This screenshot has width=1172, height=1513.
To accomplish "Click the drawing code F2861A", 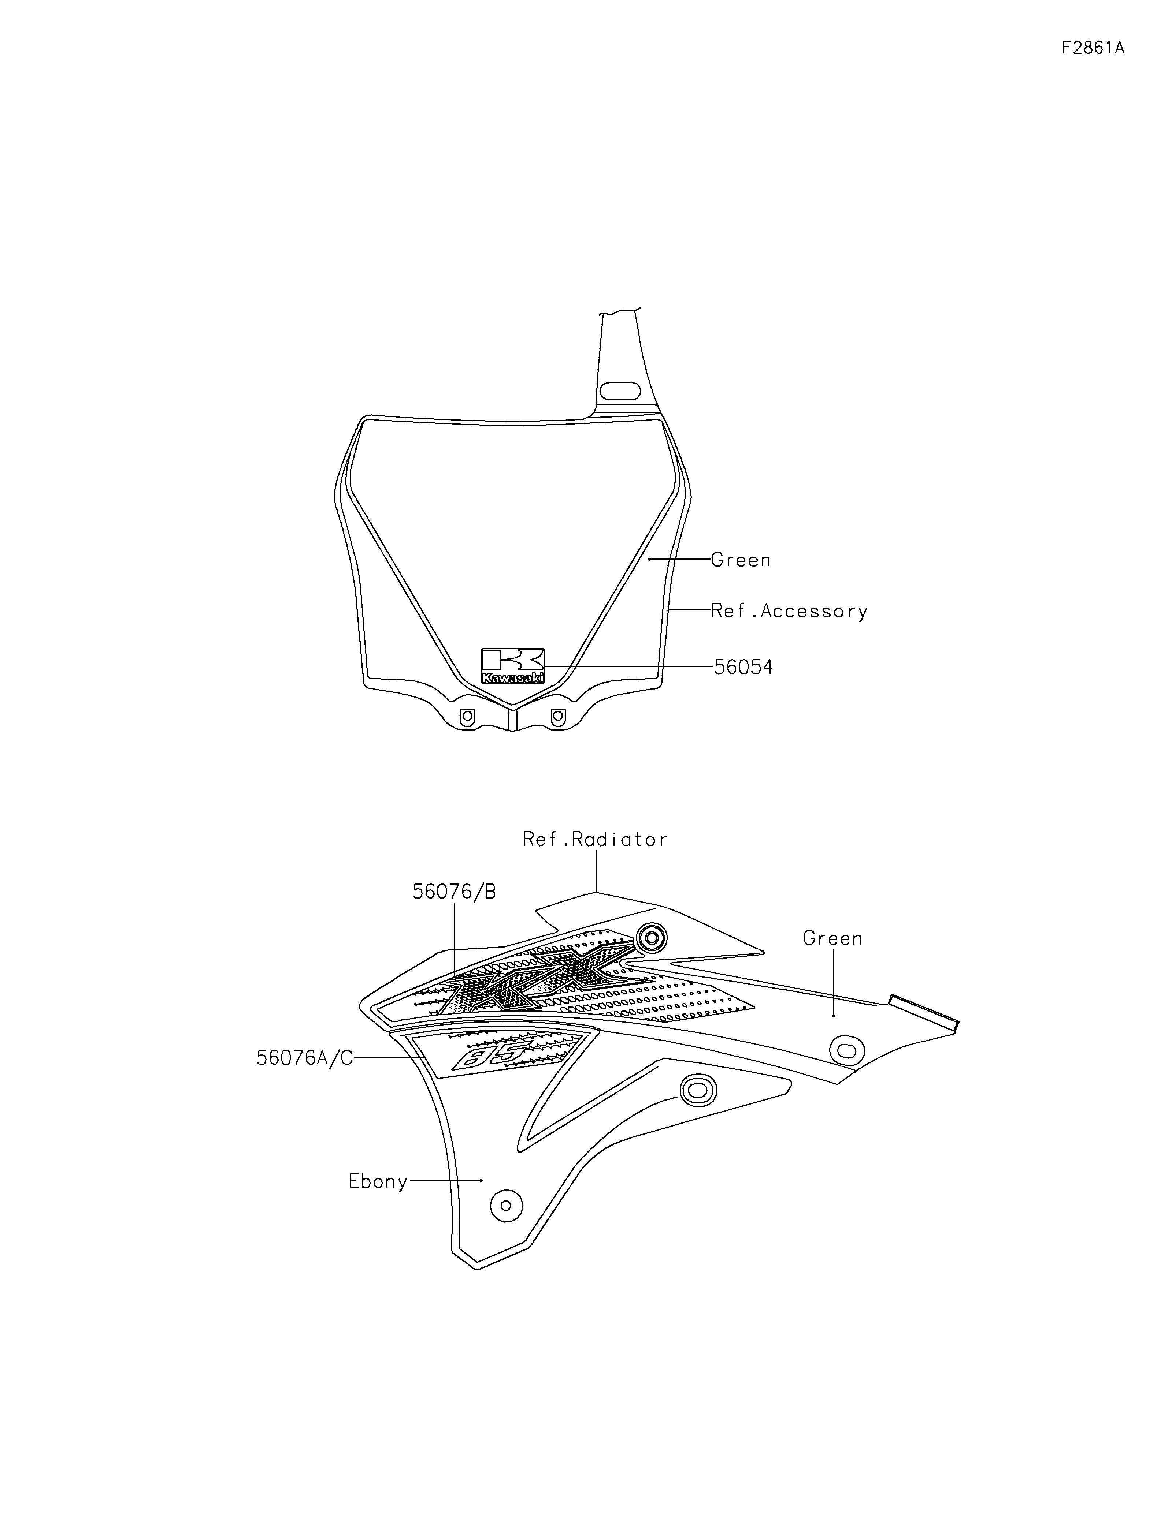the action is coord(1092,48).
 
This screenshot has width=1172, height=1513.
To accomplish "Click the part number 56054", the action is coord(744,667).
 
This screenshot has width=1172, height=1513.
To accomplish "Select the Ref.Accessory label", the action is coord(789,611).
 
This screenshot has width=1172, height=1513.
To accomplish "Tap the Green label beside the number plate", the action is coord(741,559).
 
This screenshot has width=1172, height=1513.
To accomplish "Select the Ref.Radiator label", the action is coord(595,840).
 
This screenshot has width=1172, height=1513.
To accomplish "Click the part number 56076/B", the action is coord(454,892).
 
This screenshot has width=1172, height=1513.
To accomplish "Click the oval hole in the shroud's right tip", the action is coord(846,1051).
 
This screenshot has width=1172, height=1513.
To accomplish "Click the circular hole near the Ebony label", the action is coord(505,1206).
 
